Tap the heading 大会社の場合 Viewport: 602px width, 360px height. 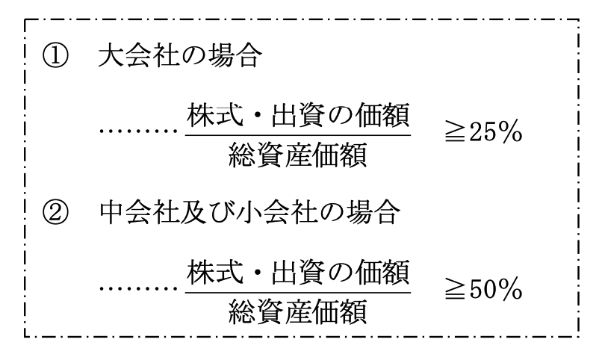[x=179, y=60]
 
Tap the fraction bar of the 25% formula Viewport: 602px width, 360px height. [x=298, y=134]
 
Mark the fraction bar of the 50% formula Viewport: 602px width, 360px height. [x=298, y=291]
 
